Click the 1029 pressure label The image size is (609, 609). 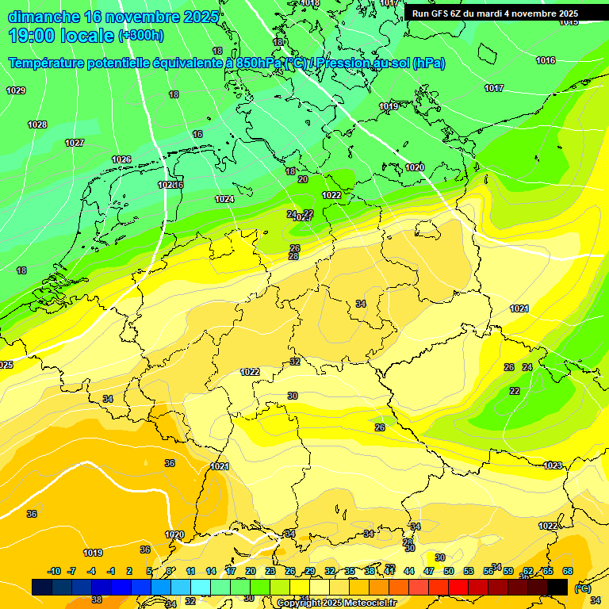click(x=16, y=90)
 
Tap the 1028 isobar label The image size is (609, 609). click(x=37, y=124)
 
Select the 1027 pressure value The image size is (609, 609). click(x=75, y=143)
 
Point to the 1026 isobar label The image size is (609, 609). click(x=121, y=159)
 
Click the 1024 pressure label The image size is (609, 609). click(x=224, y=199)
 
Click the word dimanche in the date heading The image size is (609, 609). click(x=44, y=17)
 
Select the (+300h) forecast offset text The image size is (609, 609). click(x=140, y=35)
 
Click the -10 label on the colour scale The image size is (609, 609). click(x=54, y=571)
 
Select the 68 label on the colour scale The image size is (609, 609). click(x=568, y=571)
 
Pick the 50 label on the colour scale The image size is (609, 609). click(x=449, y=571)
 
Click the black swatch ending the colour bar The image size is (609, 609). click(x=557, y=587)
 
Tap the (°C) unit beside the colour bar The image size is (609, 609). click(x=582, y=588)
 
